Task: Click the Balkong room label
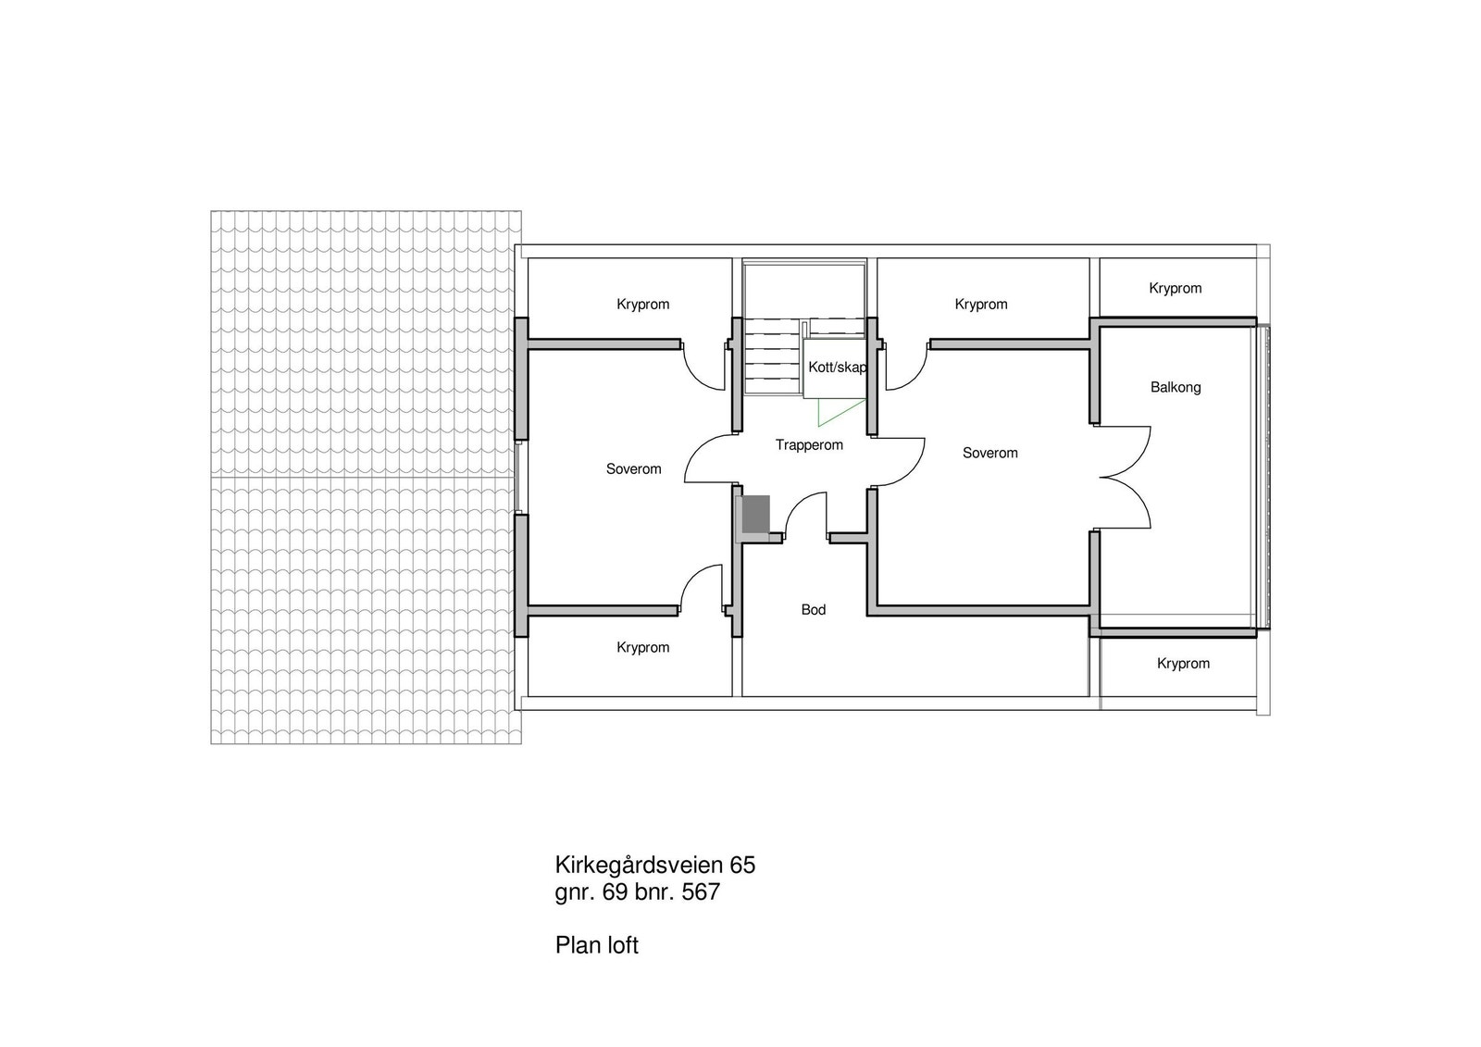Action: coord(1176,387)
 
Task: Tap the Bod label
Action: coord(814,609)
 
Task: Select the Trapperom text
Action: coord(809,445)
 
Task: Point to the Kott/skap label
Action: coord(837,368)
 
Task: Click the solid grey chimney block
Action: coord(756,515)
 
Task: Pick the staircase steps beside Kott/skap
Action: coord(771,356)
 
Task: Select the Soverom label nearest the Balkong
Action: coord(989,453)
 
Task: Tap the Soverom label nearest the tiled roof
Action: coord(634,469)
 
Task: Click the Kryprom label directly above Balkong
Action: coord(1176,288)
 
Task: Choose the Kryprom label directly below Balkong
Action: coord(1183,664)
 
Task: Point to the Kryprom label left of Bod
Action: coord(642,648)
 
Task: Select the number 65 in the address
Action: coord(742,866)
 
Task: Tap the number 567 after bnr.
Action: coord(700,893)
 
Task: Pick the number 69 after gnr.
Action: coord(615,893)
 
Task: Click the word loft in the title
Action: coord(621,946)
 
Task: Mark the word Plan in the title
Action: coord(575,946)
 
